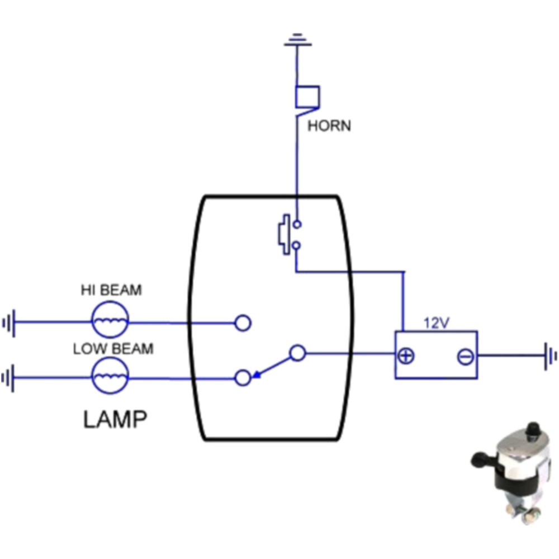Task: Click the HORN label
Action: [329, 126]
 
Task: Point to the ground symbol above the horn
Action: [297, 40]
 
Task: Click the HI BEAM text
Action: [111, 290]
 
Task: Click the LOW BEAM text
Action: [113, 349]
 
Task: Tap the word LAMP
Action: [116, 419]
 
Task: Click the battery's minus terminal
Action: [465, 356]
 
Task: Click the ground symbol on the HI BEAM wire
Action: [9, 323]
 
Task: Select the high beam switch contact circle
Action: [243, 323]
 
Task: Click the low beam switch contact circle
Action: [243, 378]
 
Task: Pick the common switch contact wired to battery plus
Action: [298, 353]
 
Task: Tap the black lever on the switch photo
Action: [481, 460]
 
